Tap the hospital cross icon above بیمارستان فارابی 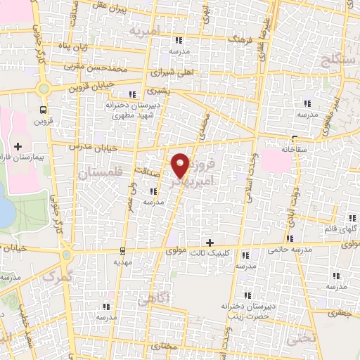pos(18,146)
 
